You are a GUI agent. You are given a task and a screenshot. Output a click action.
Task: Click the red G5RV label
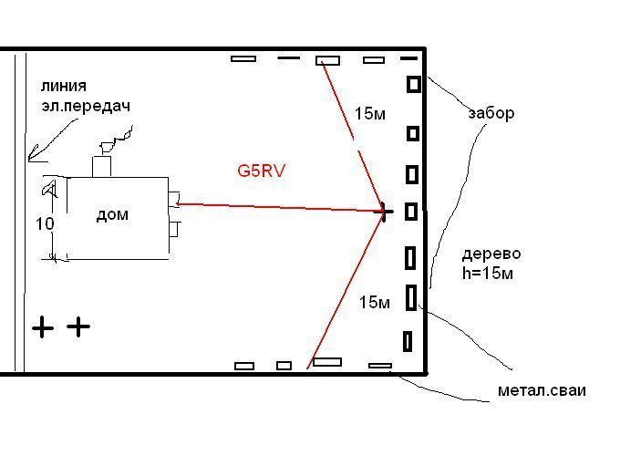(x=261, y=171)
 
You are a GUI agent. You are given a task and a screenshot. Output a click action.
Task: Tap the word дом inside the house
(x=112, y=214)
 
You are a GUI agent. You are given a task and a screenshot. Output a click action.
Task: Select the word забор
(x=491, y=113)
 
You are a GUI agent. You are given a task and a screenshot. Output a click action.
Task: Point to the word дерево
(x=491, y=254)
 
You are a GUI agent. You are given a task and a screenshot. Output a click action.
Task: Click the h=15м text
(x=488, y=273)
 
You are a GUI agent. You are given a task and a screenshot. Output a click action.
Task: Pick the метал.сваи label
(x=542, y=390)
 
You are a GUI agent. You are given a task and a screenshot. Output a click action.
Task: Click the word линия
(x=63, y=87)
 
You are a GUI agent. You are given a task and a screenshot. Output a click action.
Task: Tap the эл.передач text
(x=86, y=106)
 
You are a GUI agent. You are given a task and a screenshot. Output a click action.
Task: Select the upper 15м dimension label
(x=369, y=113)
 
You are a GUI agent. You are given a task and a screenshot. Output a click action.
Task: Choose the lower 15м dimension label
(x=374, y=303)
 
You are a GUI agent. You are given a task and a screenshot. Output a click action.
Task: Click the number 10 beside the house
(x=45, y=223)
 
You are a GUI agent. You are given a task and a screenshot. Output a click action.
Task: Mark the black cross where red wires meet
(x=385, y=212)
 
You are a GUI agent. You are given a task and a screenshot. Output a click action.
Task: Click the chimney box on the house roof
(x=101, y=167)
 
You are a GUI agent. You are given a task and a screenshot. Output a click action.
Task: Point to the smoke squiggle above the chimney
(x=117, y=140)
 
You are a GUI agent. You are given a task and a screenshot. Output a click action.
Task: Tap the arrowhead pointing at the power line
(x=35, y=154)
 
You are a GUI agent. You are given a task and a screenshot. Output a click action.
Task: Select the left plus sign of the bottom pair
(x=42, y=326)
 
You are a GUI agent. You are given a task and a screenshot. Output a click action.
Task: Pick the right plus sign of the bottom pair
(x=78, y=326)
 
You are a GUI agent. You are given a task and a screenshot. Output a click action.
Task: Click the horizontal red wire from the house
(x=280, y=207)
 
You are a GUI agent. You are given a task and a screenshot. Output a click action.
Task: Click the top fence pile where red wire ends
(x=328, y=60)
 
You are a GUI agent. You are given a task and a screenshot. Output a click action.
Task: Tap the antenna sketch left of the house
(x=50, y=189)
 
